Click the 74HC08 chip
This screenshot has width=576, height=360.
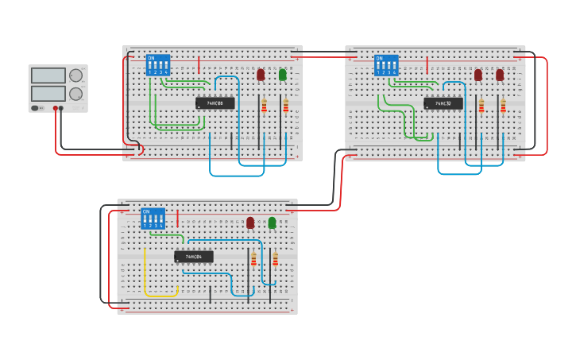click(215, 103)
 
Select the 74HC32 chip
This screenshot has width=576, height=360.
click(443, 103)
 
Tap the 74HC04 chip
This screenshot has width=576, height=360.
click(193, 257)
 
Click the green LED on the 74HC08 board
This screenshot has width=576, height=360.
click(282, 75)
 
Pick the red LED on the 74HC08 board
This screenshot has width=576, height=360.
click(261, 75)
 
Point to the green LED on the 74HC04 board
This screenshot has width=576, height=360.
click(272, 223)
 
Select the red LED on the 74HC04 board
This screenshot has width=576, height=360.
click(250, 223)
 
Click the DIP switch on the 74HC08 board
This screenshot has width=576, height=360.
click(157, 64)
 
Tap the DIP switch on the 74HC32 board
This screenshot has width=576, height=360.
click(386, 65)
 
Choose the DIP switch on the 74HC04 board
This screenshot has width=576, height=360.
click(153, 219)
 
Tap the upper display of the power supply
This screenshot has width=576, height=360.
click(48, 75)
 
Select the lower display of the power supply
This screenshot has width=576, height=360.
click(48, 93)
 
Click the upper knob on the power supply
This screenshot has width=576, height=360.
click(75, 76)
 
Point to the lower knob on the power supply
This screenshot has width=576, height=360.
click(75, 94)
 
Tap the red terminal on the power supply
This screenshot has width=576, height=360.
click(56, 108)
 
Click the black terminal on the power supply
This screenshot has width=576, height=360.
click(61, 108)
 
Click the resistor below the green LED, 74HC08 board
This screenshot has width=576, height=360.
click(286, 106)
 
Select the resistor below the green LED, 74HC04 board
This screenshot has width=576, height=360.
click(276, 260)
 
